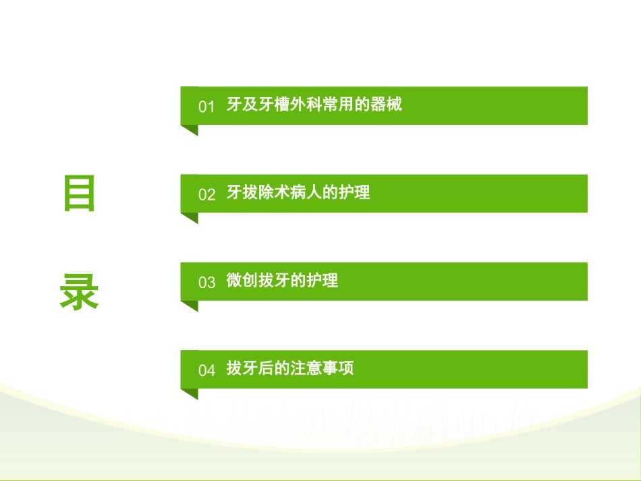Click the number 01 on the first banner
[206, 107]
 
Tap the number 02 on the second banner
[206, 194]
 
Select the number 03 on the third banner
[206, 282]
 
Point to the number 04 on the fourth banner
[206, 370]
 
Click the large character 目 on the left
[80, 194]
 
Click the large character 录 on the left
[80, 292]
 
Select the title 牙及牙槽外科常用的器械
[314, 105]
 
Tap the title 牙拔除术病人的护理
[298, 193]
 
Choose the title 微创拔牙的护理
[281, 281]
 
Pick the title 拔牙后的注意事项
[289, 368]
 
